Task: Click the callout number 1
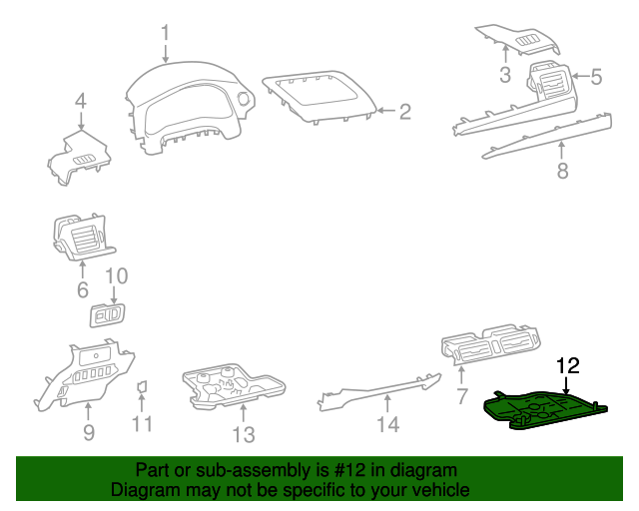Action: click(167, 34)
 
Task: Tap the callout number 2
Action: click(404, 112)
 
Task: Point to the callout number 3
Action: click(505, 76)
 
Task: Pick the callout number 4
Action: click(80, 100)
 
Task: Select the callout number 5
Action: click(596, 76)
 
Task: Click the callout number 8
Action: click(562, 171)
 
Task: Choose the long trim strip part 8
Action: click(549, 136)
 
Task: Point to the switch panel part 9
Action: click(85, 373)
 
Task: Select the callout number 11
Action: click(143, 425)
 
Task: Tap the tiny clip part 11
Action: click(142, 385)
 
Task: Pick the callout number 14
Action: click(387, 425)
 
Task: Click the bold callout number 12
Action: click(567, 366)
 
